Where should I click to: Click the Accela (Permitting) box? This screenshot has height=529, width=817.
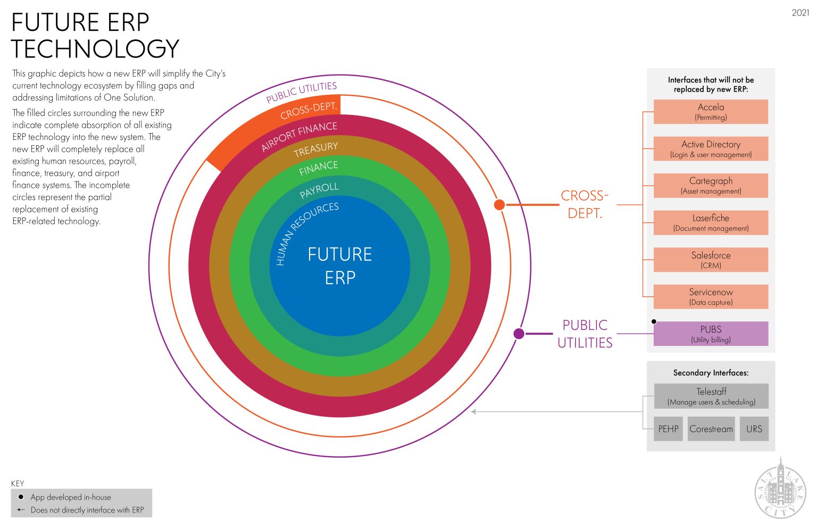tap(711, 112)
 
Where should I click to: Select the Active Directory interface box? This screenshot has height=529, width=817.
tap(711, 149)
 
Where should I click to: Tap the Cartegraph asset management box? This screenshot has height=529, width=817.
tap(711, 186)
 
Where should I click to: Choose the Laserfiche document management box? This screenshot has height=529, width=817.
tap(711, 222)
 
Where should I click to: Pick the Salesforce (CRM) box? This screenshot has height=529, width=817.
tap(711, 260)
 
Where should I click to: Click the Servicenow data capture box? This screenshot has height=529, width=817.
tap(711, 296)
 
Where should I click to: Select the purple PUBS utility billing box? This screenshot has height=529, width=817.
tap(711, 334)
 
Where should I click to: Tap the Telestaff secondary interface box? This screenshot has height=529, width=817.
tap(711, 396)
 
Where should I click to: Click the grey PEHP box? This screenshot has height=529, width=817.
tap(668, 429)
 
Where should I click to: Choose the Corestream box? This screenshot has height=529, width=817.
tap(711, 429)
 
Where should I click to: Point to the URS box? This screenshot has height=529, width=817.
tap(754, 429)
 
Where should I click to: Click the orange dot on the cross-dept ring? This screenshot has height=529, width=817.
tap(499, 205)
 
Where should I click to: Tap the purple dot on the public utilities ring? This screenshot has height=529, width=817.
tap(519, 334)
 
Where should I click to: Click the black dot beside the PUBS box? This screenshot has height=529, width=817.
tap(654, 321)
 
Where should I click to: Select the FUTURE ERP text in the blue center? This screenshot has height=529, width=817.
tap(340, 266)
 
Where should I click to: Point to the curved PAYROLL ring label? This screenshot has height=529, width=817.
tap(319, 190)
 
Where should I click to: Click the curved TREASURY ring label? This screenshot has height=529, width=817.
tap(316, 150)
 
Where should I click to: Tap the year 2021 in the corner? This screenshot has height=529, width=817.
tap(801, 13)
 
